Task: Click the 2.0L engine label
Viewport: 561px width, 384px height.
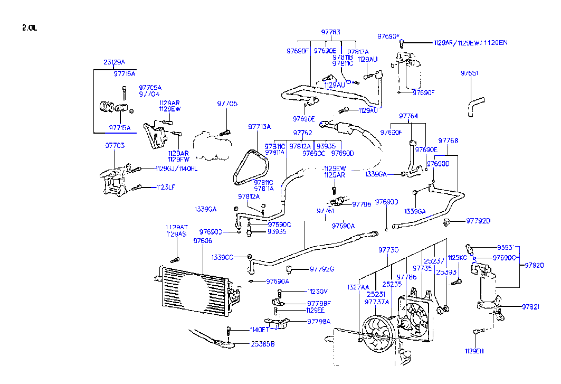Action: click(30, 28)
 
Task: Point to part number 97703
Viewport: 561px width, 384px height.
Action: click(115, 145)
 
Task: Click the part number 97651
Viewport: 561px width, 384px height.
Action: click(469, 73)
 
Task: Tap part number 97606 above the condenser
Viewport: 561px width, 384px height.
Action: click(202, 240)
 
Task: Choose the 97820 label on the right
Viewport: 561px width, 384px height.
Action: click(534, 266)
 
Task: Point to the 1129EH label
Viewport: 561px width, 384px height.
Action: click(474, 351)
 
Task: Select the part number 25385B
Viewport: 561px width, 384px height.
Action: click(262, 344)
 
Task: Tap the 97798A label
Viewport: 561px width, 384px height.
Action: click(319, 321)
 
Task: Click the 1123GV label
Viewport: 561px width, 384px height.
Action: click(318, 291)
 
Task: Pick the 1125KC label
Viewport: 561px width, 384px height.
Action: click(457, 258)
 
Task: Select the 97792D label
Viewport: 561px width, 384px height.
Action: click(478, 221)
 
